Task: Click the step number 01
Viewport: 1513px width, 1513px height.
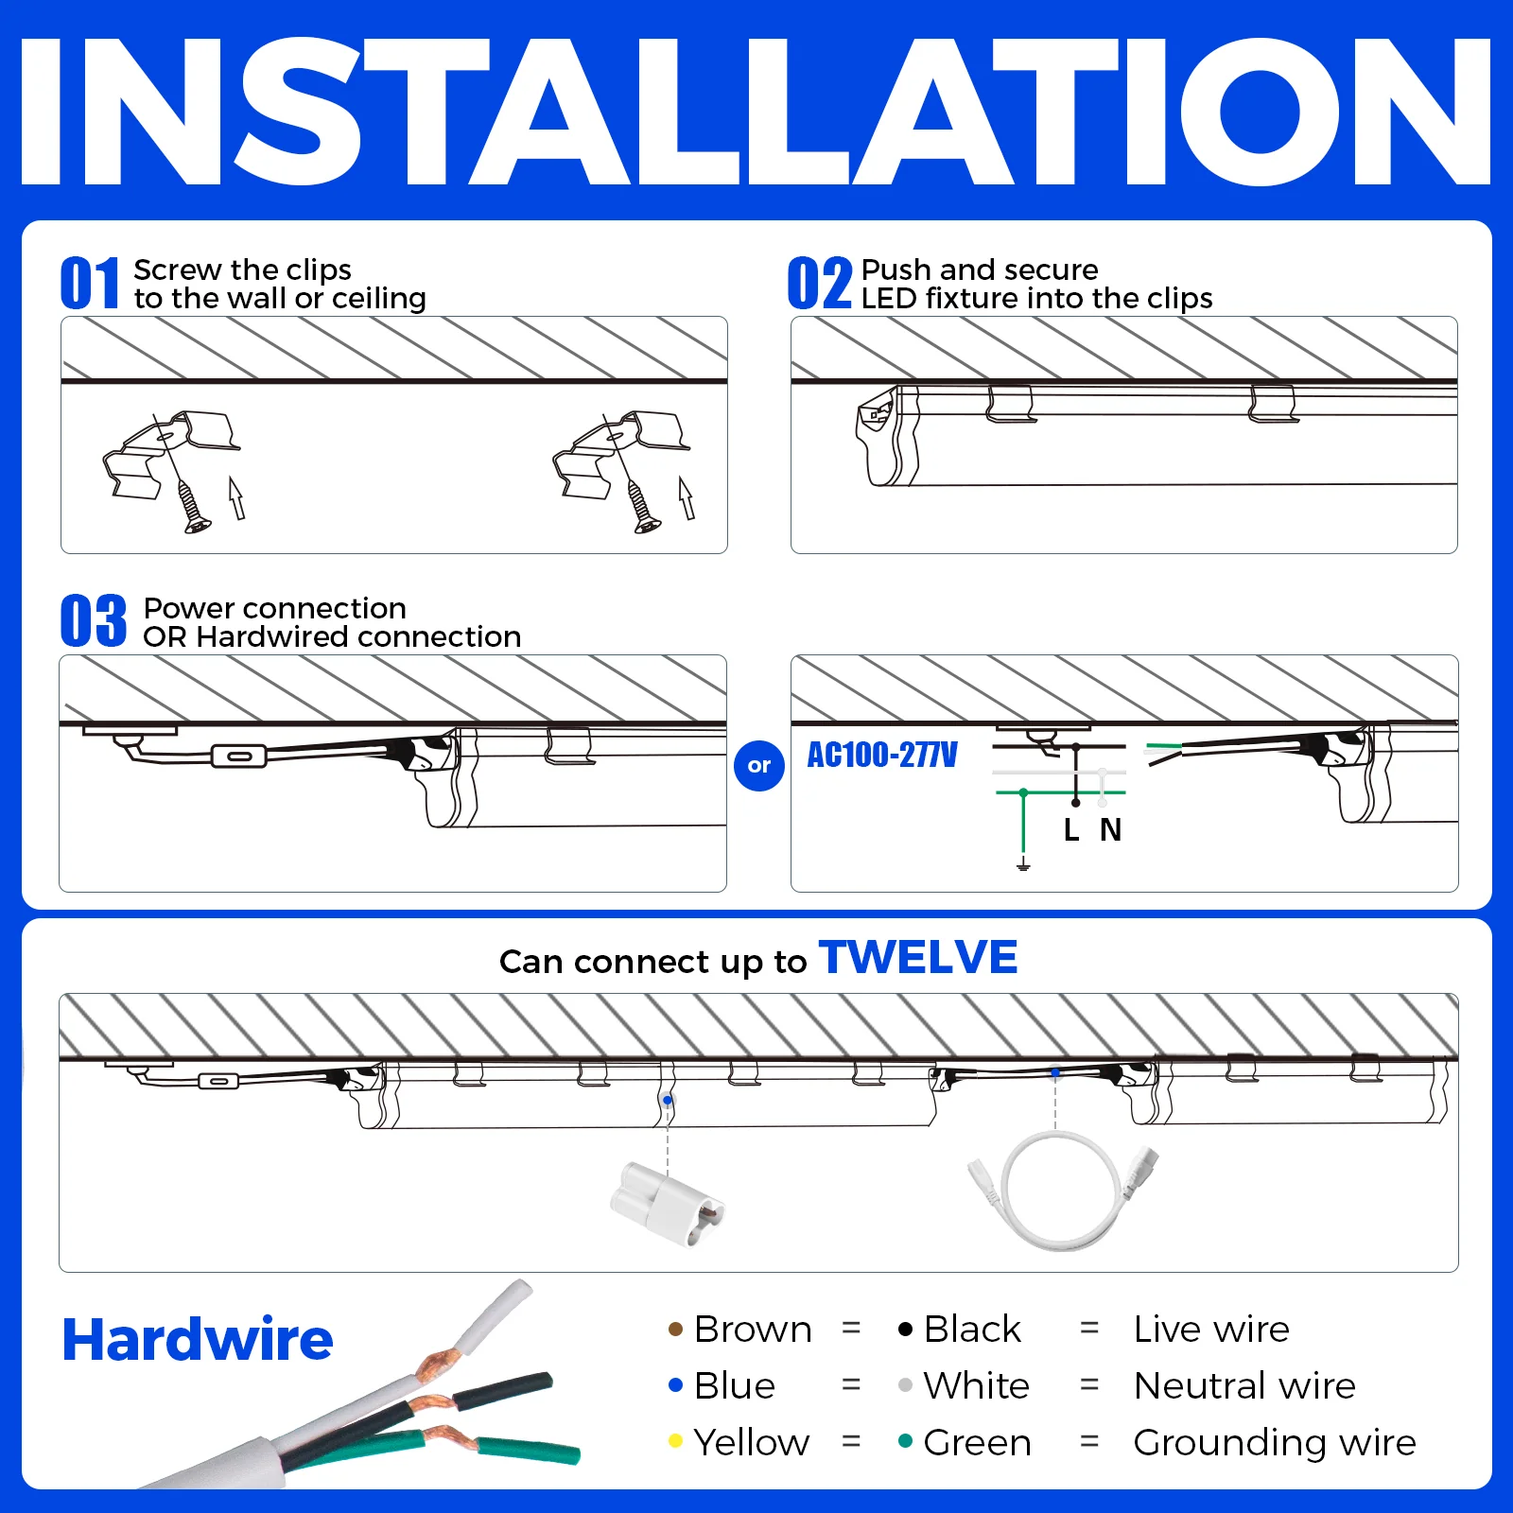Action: pos(90,283)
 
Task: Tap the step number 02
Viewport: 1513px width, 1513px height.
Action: pos(819,283)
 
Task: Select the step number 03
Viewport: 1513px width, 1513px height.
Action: pos(93,621)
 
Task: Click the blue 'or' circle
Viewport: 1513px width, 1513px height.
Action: pos(758,766)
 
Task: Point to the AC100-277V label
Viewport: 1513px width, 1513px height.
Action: pos(881,756)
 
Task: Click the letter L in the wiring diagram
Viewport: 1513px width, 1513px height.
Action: pos(1070,830)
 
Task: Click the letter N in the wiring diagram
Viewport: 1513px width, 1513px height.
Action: pos(1110,830)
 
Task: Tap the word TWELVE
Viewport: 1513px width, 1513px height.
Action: pos(917,958)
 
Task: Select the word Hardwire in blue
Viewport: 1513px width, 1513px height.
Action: pos(197,1340)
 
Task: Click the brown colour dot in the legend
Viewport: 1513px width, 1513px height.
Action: pos(675,1330)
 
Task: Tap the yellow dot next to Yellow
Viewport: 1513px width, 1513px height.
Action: pos(675,1441)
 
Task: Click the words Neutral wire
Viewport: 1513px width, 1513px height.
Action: pos(1244,1386)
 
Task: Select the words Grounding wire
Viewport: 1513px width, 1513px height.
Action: pos(1274,1443)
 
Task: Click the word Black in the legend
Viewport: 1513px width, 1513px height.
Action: pos(971,1330)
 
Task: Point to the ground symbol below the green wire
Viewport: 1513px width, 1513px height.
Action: pos(1023,863)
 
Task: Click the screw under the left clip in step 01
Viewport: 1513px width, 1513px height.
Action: pos(192,507)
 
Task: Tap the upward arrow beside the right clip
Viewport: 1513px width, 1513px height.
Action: pos(687,497)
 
